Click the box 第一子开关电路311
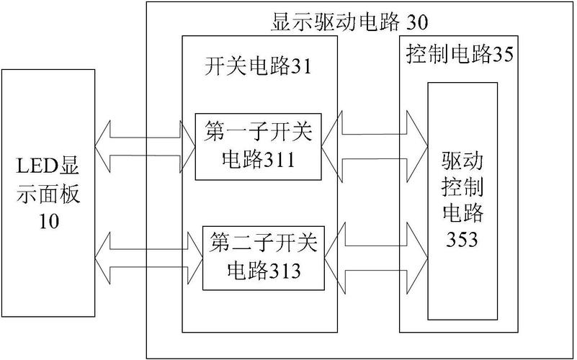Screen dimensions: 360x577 [258, 146]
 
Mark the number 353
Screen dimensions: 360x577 [462, 240]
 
